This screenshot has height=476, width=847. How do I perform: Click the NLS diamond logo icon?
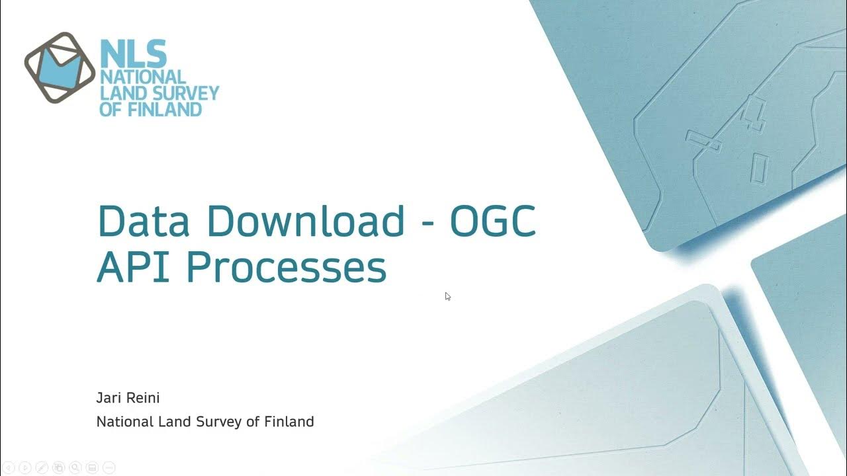(60, 67)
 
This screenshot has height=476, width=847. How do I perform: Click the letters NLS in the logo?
(132, 54)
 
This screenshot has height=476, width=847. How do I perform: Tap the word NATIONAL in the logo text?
(142, 77)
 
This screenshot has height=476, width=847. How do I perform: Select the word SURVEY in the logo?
(186, 93)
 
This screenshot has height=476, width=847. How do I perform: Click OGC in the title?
(493, 221)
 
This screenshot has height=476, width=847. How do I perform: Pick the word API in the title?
(136, 268)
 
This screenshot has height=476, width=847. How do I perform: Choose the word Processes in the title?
(286, 268)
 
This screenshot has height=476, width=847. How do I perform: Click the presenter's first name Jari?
(109, 398)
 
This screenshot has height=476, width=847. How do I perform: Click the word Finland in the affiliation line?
(289, 421)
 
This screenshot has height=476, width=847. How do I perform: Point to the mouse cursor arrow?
(447, 296)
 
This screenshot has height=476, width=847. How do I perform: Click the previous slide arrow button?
(9, 467)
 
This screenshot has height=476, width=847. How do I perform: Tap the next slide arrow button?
(25, 467)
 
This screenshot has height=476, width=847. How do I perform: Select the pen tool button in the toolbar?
(42, 467)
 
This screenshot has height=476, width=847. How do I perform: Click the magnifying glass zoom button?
(75, 467)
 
